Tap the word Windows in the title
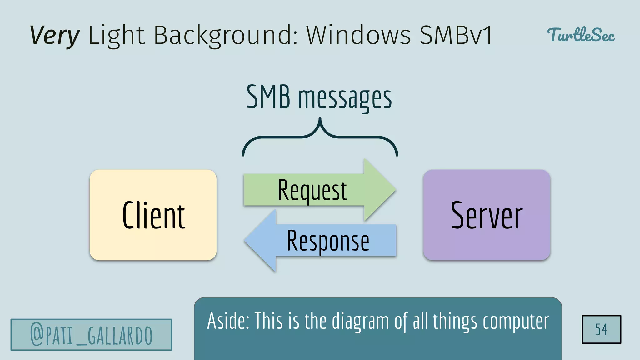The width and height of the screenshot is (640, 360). [358, 35]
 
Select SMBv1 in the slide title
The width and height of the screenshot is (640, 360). [456, 35]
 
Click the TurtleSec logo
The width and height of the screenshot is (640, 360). [581, 35]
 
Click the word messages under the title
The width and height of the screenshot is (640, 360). [345, 98]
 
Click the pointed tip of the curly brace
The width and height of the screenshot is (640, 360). [320, 119]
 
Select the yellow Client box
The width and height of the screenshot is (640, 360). [153, 215]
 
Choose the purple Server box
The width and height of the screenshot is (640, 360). [487, 215]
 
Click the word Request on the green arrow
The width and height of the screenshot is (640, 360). [312, 190]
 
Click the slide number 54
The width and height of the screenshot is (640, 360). [601, 329]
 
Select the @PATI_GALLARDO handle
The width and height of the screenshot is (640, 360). [91, 335]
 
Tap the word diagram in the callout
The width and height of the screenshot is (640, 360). [360, 322]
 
